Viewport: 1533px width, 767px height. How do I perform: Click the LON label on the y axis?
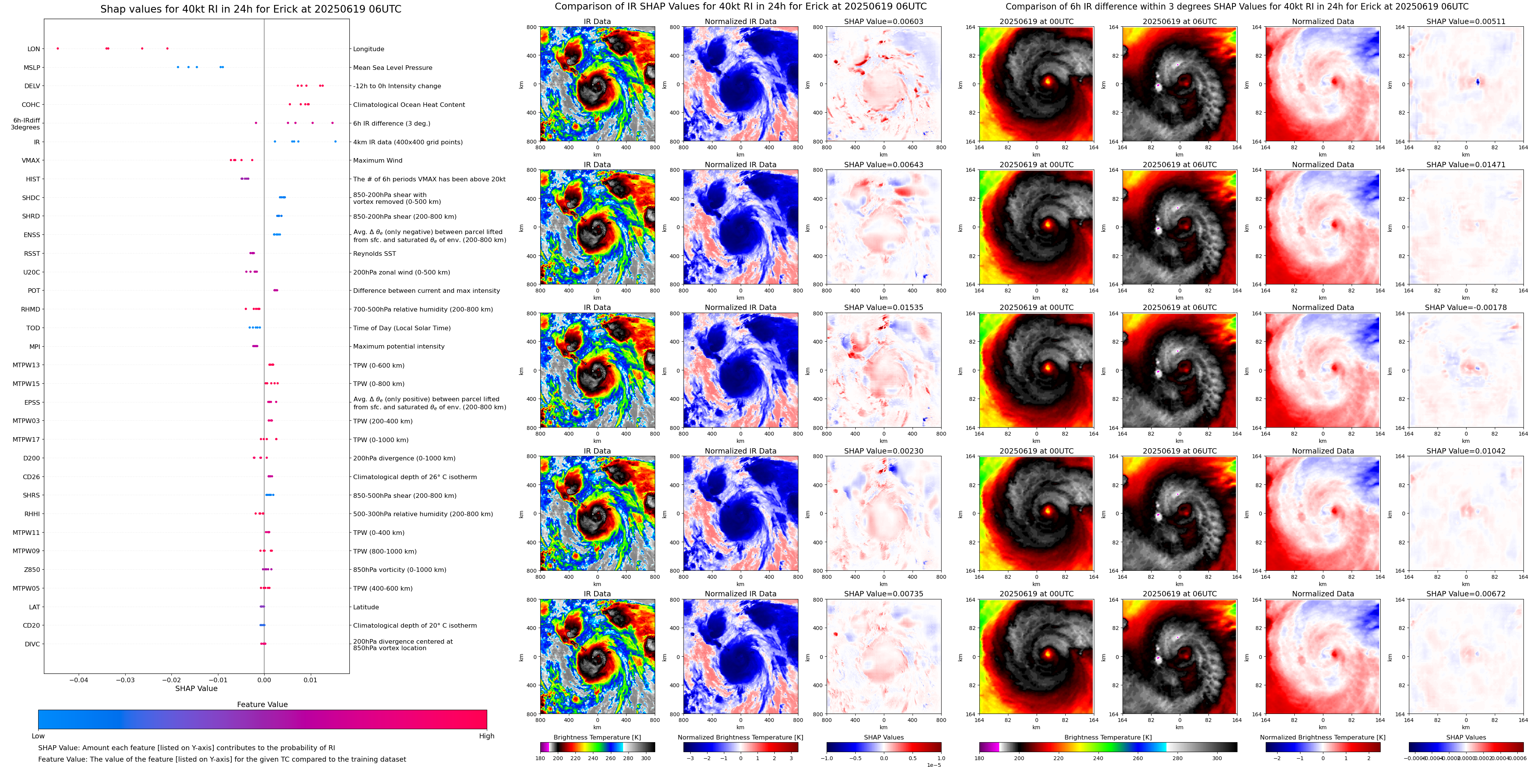coord(34,49)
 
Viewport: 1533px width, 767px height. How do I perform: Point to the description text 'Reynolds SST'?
coord(374,254)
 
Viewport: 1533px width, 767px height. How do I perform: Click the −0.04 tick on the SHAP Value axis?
coord(79,680)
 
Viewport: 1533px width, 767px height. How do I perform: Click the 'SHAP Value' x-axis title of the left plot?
coord(196,688)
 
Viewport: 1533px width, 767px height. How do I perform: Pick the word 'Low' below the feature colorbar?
coord(38,736)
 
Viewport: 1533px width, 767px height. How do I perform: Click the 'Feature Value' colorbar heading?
coord(262,704)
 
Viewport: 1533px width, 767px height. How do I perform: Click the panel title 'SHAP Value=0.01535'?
coord(883,308)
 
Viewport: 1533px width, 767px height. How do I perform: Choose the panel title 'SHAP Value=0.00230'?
coord(883,451)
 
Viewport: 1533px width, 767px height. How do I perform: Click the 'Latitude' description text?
coord(366,607)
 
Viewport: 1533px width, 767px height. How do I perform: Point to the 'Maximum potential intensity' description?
coord(399,346)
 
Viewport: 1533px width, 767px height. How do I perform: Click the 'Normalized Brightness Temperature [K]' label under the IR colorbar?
coord(740,737)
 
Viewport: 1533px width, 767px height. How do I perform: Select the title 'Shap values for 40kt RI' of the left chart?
coord(250,9)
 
